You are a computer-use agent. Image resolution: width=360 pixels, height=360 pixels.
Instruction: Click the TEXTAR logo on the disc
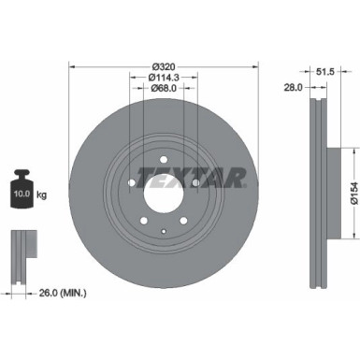[193, 176]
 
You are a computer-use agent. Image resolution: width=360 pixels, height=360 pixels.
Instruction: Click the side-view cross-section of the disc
[317, 187]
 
